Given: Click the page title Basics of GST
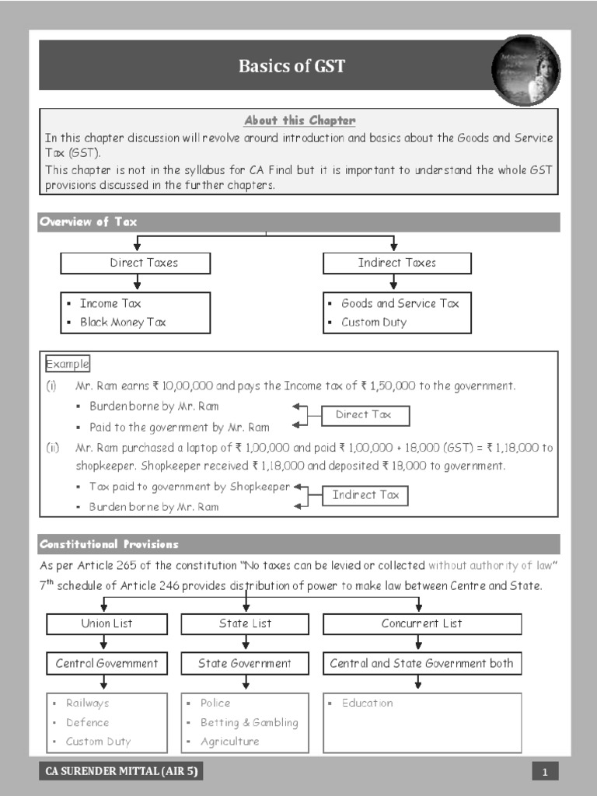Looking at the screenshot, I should pos(292,66).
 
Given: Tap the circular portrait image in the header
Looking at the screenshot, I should pos(525,71).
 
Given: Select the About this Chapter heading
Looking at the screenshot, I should pos(299,120).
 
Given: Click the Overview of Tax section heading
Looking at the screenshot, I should pos(88,222).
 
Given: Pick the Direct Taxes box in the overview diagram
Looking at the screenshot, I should pos(135,263).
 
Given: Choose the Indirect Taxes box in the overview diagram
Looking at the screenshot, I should pos(396,263).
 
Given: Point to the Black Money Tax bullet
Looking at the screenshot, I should pos(123,322).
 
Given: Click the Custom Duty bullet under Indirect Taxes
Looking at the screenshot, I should pos(373,322).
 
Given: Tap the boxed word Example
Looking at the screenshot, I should pos(68,364).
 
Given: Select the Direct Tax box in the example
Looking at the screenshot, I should pos(364,415).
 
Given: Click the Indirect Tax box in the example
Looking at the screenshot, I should pos(365,495).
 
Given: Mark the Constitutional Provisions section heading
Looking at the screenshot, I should pos(109,544).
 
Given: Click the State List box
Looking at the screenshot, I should pos(246,623).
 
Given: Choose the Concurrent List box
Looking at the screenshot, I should pos(421,623).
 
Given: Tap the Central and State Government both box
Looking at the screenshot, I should pos(421,663).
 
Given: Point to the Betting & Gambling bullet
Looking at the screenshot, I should pos(249,722).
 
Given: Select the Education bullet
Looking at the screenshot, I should pos(367,703).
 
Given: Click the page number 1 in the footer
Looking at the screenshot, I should pos(546,772).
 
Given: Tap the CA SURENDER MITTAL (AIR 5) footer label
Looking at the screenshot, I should pos(122,771).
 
